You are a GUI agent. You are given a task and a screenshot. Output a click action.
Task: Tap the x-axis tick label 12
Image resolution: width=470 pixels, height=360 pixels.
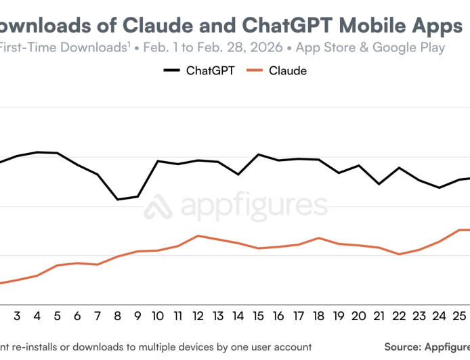pos(198,316)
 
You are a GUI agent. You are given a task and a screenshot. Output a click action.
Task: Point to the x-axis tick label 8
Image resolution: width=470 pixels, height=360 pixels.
pos(118,316)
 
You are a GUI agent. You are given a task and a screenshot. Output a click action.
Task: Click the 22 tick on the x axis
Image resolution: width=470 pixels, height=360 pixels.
pos(399,316)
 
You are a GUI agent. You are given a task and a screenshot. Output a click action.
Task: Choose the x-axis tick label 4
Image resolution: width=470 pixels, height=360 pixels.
pos(37,316)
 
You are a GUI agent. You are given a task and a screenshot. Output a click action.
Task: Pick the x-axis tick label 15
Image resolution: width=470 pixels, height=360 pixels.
pos(258,316)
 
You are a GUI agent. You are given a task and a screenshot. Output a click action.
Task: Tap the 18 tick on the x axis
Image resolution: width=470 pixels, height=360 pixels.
pos(318,316)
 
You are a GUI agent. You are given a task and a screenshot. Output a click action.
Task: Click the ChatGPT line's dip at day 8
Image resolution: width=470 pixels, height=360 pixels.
pos(118,200)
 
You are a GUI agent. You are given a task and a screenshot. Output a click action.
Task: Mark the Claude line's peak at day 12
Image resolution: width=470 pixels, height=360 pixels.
pos(198,235)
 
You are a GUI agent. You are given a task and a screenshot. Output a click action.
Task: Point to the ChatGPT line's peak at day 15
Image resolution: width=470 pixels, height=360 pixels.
pos(258,154)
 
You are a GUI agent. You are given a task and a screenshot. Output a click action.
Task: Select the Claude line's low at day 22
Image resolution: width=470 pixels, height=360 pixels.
pos(399,254)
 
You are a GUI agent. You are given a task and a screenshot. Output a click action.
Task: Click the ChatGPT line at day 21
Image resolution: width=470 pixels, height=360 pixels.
pos(379,184)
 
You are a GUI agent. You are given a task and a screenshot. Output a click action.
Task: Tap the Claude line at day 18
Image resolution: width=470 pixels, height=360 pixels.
pos(318,238)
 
